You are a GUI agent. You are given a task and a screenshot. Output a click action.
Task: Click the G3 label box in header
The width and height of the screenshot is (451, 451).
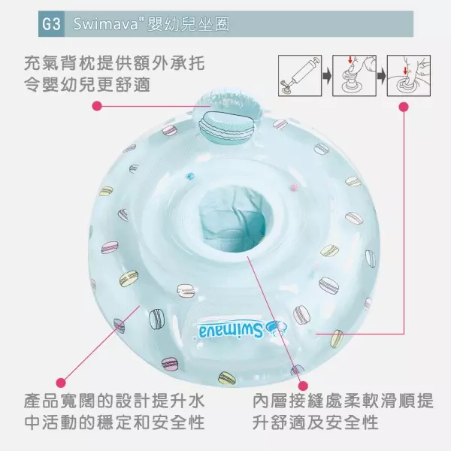[x=51, y=24]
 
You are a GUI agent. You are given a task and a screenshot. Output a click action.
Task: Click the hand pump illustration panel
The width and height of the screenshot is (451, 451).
[x=300, y=76]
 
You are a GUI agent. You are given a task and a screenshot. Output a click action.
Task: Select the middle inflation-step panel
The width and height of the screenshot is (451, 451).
[x=354, y=76]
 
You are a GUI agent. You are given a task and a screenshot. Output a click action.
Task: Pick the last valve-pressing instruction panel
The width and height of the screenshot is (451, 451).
[x=409, y=76]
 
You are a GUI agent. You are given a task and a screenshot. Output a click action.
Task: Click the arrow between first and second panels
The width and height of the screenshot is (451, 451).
[x=327, y=76]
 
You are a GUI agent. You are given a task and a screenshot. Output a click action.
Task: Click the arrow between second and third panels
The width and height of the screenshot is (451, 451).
[x=381, y=76]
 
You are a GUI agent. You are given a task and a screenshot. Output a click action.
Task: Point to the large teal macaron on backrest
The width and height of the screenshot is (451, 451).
[x=226, y=128]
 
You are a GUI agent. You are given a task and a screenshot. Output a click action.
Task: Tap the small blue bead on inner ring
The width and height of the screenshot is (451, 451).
[x=190, y=175]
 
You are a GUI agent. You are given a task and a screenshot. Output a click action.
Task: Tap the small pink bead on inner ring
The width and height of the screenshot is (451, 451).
[x=294, y=188]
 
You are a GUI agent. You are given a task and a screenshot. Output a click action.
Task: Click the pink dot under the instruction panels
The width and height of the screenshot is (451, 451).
[x=404, y=107]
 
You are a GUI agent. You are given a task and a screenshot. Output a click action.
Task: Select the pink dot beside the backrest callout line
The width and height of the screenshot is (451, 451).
[x=97, y=106]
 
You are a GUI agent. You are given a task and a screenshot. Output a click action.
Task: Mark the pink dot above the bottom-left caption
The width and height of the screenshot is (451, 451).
[x=61, y=383]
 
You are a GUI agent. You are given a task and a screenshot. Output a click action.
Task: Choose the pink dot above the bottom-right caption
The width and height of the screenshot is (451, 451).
[x=303, y=386]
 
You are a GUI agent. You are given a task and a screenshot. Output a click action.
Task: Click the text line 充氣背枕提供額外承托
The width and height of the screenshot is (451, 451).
[x=114, y=63]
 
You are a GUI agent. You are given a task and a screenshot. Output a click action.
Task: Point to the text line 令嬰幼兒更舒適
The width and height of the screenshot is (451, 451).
[x=87, y=84]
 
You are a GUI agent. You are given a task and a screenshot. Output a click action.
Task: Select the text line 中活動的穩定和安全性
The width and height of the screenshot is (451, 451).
[x=114, y=422]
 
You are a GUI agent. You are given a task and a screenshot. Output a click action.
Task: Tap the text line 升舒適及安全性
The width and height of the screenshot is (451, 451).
[x=316, y=422]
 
